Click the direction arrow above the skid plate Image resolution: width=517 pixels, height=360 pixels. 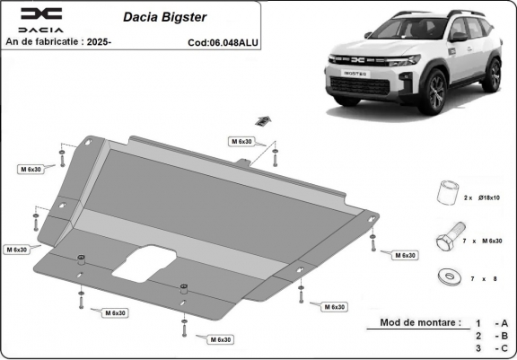(263, 121)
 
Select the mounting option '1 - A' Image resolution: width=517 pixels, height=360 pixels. (491, 321)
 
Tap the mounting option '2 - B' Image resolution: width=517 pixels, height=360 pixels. (491, 335)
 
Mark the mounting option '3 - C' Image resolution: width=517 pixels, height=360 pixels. (491, 348)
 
